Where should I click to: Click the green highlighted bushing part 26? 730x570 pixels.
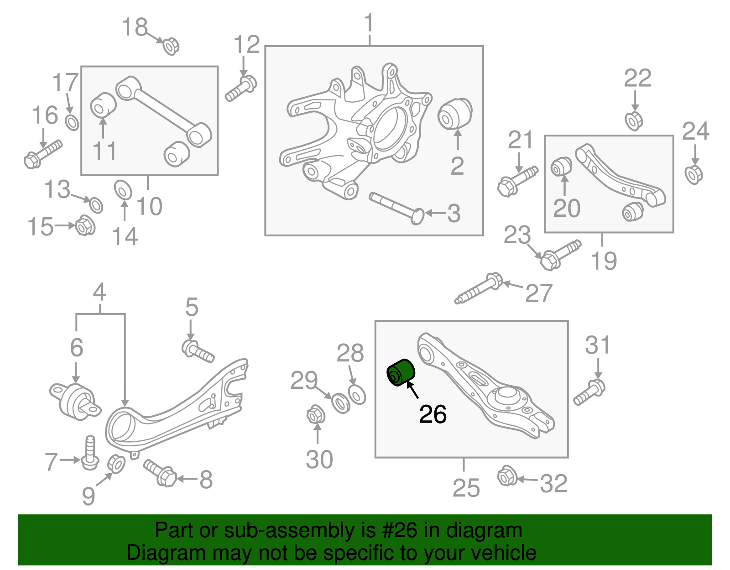(x=401, y=372)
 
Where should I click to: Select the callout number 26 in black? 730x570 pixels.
(x=433, y=414)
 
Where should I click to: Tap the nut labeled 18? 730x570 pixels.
(x=171, y=46)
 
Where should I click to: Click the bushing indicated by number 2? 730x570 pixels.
(x=455, y=114)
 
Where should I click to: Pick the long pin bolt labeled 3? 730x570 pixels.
(x=397, y=208)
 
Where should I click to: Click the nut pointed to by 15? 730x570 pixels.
(x=85, y=225)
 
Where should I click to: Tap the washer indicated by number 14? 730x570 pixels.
(x=123, y=190)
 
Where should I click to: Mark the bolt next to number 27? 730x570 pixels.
(x=479, y=288)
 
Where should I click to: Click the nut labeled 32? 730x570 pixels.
(x=507, y=476)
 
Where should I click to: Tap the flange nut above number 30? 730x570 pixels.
(x=315, y=415)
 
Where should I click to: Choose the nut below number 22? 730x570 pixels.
(x=634, y=120)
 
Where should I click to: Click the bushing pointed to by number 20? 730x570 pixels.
(x=561, y=167)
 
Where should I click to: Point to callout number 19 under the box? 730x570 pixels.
(x=604, y=261)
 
